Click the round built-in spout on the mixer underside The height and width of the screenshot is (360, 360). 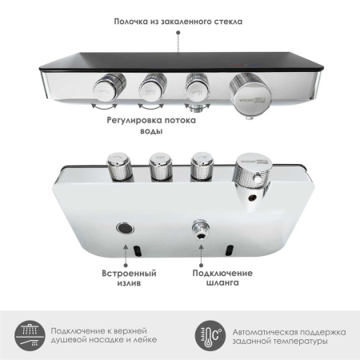click(124, 226)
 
